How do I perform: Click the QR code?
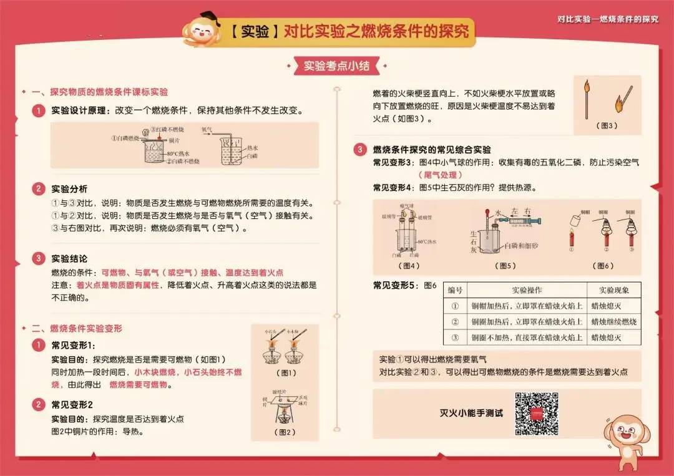(536, 414)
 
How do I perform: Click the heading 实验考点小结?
(336, 66)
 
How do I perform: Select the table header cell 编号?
(456, 290)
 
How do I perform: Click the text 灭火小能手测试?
(471, 414)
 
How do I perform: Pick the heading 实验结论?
(69, 258)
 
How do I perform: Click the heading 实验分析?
(69, 189)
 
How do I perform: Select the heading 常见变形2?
(72, 405)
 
